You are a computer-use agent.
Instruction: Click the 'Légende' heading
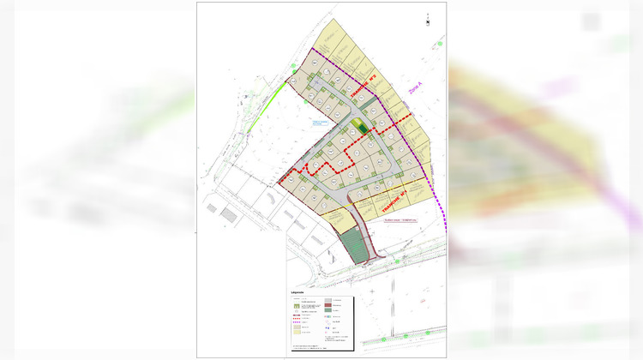click(298, 291)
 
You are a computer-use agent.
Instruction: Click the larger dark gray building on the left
click(228, 213)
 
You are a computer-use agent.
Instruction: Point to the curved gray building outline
click(267, 198)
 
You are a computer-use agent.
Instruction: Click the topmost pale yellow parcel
click(330, 39)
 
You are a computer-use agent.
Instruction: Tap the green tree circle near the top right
click(437, 42)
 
